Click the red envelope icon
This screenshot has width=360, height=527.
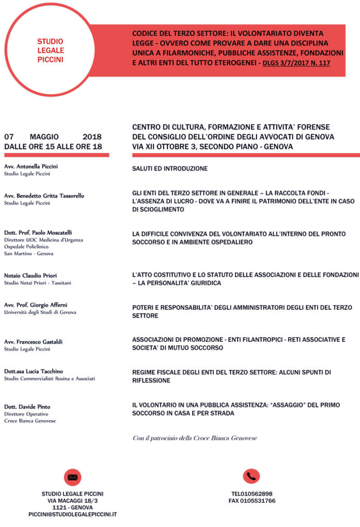(73, 477)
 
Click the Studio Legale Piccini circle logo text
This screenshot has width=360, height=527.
(50, 50)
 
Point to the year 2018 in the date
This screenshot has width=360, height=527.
(92, 137)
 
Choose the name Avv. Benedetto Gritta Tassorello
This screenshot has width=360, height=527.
(44, 196)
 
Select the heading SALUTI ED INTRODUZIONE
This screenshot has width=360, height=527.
(170, 168)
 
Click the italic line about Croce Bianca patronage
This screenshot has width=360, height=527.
(194, 438)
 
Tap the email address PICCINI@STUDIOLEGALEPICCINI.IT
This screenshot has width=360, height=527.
(73, 514)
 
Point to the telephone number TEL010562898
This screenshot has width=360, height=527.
(252, 494)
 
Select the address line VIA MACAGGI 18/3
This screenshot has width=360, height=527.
(73, 500)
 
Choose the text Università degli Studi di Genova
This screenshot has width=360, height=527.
(40, 312)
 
